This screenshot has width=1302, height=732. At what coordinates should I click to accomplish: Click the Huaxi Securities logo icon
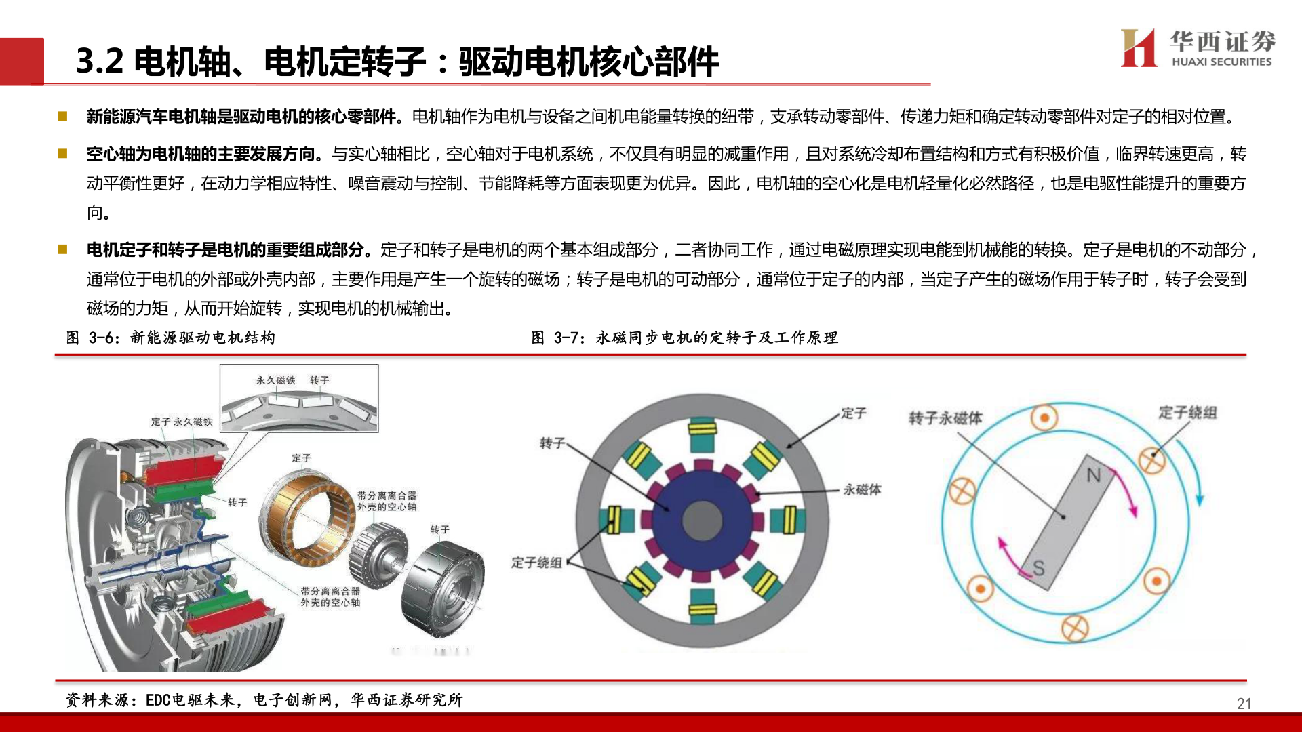pos(1139,47)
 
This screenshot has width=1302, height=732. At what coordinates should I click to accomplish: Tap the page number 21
pos(1244,704)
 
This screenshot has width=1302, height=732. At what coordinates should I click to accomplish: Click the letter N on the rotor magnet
pos(1093,475)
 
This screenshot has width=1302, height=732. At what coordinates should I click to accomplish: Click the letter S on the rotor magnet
pos(1038,568)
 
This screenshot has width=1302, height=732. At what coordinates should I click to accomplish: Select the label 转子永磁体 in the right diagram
pos(945,418)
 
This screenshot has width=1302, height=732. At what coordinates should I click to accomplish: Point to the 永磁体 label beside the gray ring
pos(862,489)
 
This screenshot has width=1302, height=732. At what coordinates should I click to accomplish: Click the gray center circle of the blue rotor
pos(702,521)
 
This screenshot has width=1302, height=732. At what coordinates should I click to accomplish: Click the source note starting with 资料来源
pos(264,699)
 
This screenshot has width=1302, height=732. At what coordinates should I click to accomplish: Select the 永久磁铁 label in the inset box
pos(275,380)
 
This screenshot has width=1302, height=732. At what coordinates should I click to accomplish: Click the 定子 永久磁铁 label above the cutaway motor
pos(182,422)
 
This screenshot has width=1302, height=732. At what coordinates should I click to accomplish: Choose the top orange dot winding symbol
pos(1044,418)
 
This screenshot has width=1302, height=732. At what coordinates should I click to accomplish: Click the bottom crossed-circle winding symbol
pos(1075,628)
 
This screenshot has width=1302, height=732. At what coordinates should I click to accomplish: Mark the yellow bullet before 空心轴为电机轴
pos(62,154)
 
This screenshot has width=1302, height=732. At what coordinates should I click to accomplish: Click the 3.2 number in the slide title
pos(100,61)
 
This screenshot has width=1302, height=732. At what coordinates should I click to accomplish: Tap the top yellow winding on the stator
pos(703,428)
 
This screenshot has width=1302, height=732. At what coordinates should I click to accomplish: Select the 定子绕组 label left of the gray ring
pos(536,563)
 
